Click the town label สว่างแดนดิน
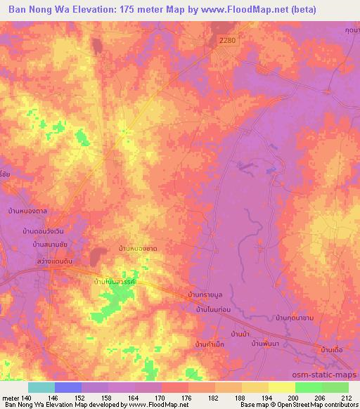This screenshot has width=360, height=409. (33, 261)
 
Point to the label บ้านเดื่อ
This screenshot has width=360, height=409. (334, 348)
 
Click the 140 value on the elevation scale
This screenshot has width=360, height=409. (27, 398)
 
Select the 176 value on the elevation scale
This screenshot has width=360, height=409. (187, 398)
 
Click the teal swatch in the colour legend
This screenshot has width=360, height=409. (41, 387)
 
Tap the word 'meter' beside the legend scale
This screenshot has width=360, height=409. (10, 398)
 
